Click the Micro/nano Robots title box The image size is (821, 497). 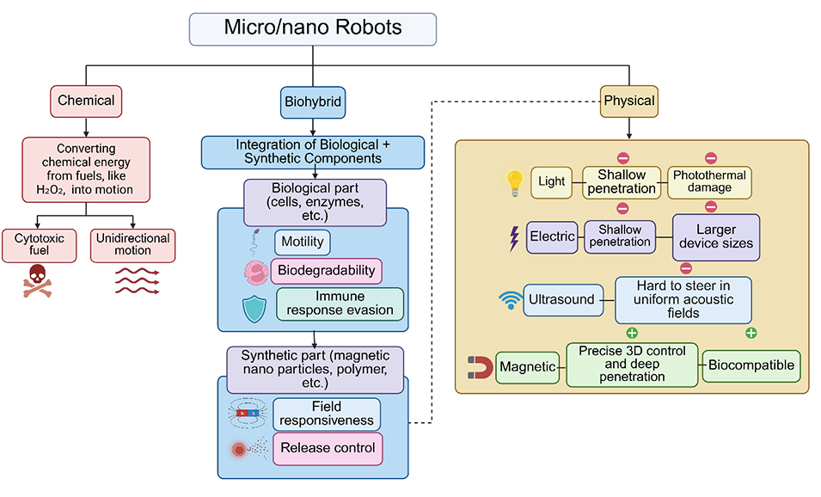click(313, 28)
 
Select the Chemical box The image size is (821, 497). click(86, 101)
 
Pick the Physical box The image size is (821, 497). click(628, 101)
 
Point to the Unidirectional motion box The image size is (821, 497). click(132, 245)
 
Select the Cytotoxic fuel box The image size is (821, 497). click(40, 245)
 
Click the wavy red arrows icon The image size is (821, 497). click(137, 281)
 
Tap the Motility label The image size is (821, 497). click(302, 242)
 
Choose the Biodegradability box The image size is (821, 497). click(327, 271)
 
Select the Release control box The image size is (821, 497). click(327, 448)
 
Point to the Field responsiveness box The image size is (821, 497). click(327, 414)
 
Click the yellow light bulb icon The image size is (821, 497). click(514, 181)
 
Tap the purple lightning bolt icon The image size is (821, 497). click(515, 236)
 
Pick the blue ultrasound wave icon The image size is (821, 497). click(511, 300)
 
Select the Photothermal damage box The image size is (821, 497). click(709, 182)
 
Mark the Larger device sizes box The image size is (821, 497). click(716, 236)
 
